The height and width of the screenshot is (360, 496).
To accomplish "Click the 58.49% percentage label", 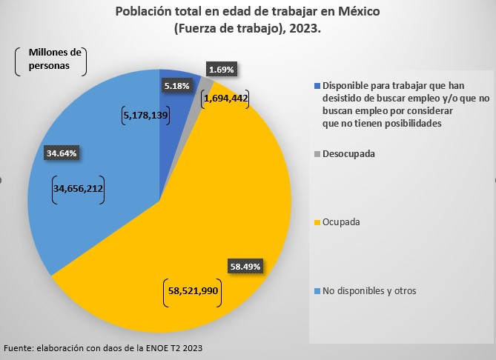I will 245,264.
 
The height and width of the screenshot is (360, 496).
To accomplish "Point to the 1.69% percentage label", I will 222,70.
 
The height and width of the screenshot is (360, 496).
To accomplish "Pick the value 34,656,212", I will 78,189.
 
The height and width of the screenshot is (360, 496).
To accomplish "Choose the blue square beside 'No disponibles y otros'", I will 317,291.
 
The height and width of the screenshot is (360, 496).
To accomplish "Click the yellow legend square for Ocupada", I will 317,223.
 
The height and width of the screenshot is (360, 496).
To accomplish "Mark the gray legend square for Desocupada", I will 317,154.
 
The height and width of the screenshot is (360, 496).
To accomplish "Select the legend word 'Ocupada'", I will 342,222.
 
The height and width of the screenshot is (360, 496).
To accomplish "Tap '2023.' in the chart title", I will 305,30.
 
